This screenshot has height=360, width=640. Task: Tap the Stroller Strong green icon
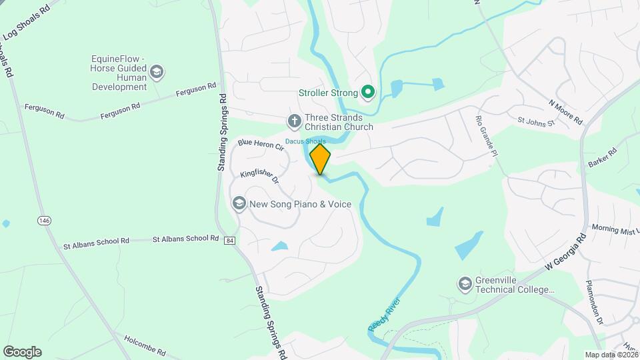pos(367,93)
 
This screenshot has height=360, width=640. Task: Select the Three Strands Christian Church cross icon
pos(293,121)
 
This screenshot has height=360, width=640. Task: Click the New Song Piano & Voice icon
pos(239,203)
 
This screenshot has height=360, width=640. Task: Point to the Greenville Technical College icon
pos(464,285)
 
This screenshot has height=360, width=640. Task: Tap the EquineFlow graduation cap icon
pos(157,72)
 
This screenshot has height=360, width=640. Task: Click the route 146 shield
pos(45,221)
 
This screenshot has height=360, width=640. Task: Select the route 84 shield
pos(229,240)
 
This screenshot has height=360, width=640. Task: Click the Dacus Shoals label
pos(305,141)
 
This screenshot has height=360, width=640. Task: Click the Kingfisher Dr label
pos(259,176)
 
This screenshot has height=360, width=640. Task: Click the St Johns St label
pos(536,123)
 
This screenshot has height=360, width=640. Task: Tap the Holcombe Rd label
pos(144,347)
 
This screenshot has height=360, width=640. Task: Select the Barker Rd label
pos(602,157)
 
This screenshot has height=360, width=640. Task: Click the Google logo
pos(22,352)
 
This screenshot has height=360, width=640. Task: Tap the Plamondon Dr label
pos(594,302)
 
